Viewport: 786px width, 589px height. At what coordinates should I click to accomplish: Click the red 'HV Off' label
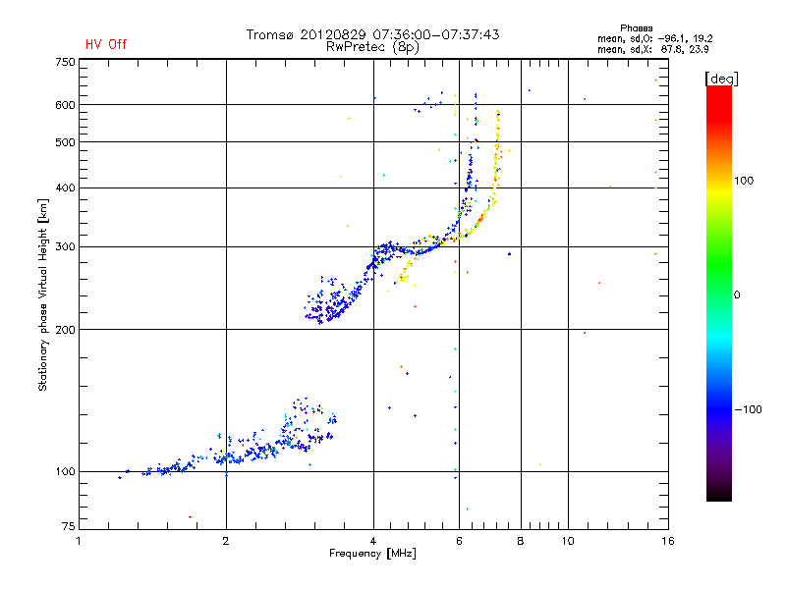[106, 44]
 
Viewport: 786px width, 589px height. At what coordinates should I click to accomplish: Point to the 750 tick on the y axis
[65, 62]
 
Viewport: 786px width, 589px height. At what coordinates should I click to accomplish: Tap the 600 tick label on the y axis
[65, 105]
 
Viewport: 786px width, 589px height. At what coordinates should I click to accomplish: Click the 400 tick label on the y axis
[65, 187]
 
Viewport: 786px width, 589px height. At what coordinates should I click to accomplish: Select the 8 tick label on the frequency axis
[520, 540]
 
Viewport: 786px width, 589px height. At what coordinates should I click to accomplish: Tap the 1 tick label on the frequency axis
[80, 540]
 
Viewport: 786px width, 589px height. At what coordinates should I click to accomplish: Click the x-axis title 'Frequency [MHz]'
[372, 555]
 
